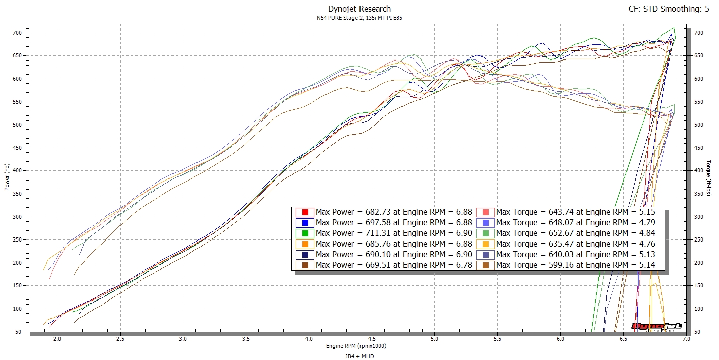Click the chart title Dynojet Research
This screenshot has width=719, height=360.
pos(359,9)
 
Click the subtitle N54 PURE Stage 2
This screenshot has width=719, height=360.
pos(359,18)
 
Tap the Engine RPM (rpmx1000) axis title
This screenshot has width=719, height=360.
pos(356,346)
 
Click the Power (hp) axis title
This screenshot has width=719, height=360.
pos(7,176)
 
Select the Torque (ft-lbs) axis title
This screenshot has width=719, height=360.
pos(709,177)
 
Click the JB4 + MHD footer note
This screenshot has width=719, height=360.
pos(359,356)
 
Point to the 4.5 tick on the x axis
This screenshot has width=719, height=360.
pos(372,339)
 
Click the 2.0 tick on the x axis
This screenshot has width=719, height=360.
pos(57,339)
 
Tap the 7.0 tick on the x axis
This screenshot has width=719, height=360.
pos(686,339)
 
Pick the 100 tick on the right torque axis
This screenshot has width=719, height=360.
pos(698,309)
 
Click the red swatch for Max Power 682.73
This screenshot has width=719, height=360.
pos(305,212)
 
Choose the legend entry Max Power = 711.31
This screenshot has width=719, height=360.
pos(394,233)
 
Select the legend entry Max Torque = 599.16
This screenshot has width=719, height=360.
pos(575,265)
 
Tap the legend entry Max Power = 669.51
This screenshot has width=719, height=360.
pos(394,265)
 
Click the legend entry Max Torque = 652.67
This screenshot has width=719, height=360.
pos(575,233)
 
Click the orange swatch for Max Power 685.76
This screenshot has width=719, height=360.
pos(305,244)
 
